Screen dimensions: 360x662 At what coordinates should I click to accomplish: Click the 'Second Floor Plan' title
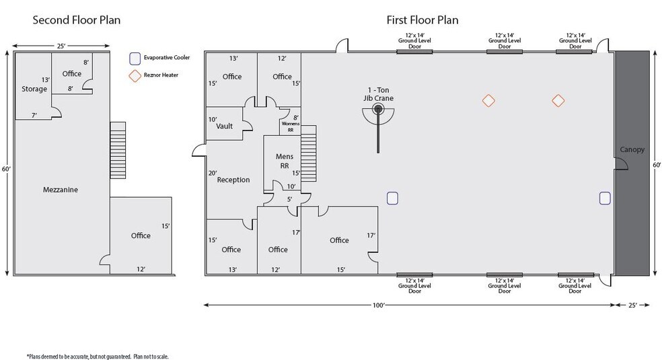[x=77, y=20]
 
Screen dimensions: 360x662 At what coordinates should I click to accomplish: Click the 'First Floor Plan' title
[x=422, y=20]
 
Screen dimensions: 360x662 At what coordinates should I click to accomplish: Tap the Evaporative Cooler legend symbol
[x=135, y=58]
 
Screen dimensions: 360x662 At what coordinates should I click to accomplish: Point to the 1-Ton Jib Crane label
[x=379, y=94]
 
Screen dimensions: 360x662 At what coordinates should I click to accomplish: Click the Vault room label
[x=224, y=126]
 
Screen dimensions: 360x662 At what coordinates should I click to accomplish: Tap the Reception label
[x=233, y=180]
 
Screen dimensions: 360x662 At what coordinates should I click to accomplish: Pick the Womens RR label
[x=291, y=127]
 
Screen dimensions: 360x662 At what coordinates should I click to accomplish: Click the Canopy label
[x=632, y=149]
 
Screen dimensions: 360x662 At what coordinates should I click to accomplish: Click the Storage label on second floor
[x=34, y=89]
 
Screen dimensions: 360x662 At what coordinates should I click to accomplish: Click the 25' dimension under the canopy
[x=633, y=305]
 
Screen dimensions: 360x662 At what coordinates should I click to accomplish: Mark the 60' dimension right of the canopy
[x=657, y=164]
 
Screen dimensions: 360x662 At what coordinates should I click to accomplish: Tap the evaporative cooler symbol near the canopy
[x=604, y=197]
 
